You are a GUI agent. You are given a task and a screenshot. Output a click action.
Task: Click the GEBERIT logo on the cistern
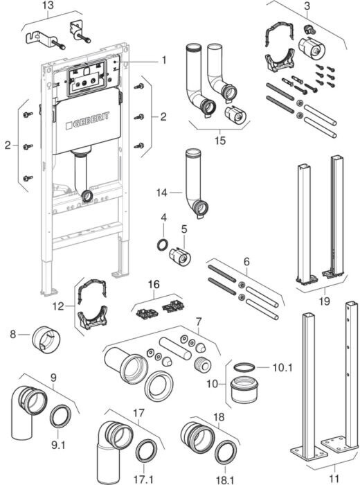coord(88,121)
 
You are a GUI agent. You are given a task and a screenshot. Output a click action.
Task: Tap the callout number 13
coord(48,6)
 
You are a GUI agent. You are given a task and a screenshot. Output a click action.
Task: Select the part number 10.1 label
coord(282,367)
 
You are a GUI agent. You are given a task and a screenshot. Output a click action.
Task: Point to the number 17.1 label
coord(143,479)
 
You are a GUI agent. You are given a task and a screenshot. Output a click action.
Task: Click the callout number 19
coord(324,301)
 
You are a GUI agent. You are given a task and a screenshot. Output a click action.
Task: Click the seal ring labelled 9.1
coord(60,416)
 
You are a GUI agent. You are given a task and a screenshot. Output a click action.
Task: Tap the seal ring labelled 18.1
coord(226,452)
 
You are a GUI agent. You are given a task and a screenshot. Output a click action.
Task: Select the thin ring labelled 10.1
coord(244,367)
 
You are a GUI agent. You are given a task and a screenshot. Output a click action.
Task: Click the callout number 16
coord(154,284)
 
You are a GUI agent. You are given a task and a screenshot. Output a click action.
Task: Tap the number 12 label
coord(58,306)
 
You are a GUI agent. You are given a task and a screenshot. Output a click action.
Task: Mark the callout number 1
coord(164,60)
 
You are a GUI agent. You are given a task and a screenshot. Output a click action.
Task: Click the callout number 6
coord(246,262)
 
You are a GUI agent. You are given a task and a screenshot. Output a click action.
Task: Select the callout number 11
coord(334,478)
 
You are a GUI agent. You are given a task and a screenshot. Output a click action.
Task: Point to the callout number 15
coord(220,141)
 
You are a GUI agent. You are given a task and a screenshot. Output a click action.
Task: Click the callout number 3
coord(307,6)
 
